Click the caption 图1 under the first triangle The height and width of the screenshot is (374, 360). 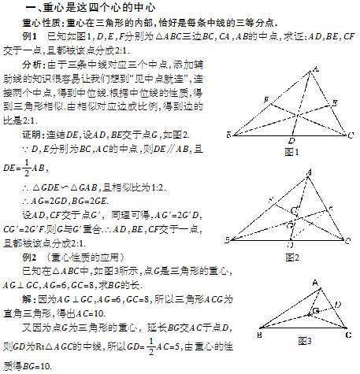[294, 152]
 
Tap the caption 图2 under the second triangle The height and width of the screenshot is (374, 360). [292, 257]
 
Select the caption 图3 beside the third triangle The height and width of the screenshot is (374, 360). [304, 340]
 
